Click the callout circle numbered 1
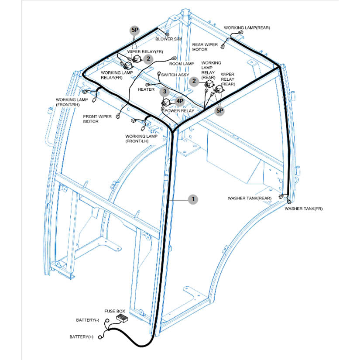point(192,199)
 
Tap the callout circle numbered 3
point(164,92)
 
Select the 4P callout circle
point(180,101)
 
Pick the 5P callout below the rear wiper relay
point(220,111)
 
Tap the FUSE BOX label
point(115,312)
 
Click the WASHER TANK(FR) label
point(304,209)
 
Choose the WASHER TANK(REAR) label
point(250,198)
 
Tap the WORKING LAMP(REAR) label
point(247,28)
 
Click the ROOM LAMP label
point(182,64)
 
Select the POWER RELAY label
point(179,111)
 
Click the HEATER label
point(146,89)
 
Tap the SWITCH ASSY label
point(175,75)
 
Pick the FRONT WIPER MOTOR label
point(97,119)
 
